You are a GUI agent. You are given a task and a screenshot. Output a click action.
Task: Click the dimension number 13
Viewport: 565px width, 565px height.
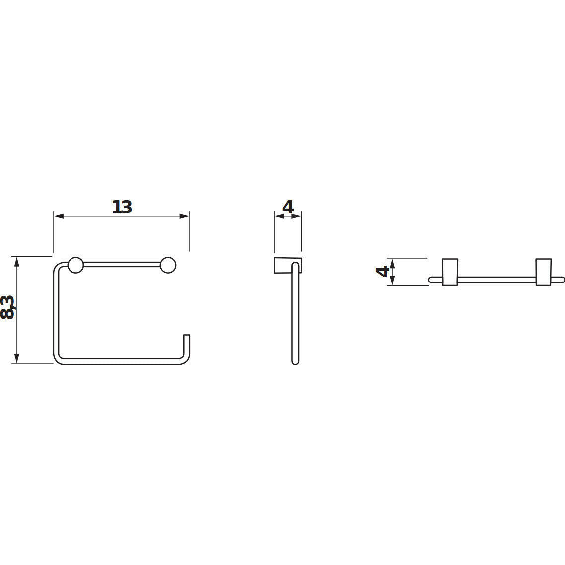[122, 207]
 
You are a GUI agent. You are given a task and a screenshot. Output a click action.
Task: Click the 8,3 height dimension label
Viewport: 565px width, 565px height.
[7, 307]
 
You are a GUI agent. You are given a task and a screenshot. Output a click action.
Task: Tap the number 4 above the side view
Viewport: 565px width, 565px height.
[288, 207]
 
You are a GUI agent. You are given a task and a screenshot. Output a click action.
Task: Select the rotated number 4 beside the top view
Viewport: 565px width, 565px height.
[383, 271]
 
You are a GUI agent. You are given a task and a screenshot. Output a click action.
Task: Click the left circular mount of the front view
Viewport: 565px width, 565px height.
[75, 265]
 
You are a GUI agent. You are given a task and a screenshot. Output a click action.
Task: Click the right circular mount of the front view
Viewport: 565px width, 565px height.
[168, 265]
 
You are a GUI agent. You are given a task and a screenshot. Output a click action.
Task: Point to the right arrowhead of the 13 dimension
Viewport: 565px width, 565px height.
[185, 216]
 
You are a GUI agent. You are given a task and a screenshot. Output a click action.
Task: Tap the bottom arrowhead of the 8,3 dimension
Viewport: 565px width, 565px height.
[16, 358]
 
